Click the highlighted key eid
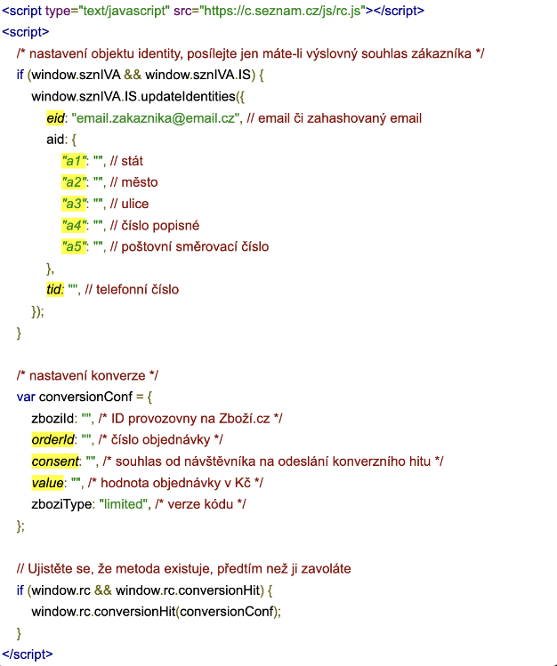[x=55, y=118]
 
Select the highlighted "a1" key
[x=74, y=161]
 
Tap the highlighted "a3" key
[x=74, y=204]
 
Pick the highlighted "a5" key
[x=74, y=247]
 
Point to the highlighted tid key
[x=55, y=290]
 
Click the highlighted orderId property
[x=53, y=439]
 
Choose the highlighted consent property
[x=55, y=461]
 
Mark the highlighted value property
[x=47, y=483]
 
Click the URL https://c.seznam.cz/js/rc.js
[x=283, y=11]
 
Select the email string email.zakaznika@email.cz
[x=155, y=118]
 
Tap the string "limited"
[x=123, y=504]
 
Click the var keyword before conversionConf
[x=26, y=397]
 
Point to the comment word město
[x=140, y=182]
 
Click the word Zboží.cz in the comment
[x=245, y=419]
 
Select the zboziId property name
[x=52, y=419]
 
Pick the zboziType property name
[x=61, y=504]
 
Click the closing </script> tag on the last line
[x=28, y=654]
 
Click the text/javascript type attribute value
[x=124, y=11]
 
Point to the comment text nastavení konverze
[x=87, y=375]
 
